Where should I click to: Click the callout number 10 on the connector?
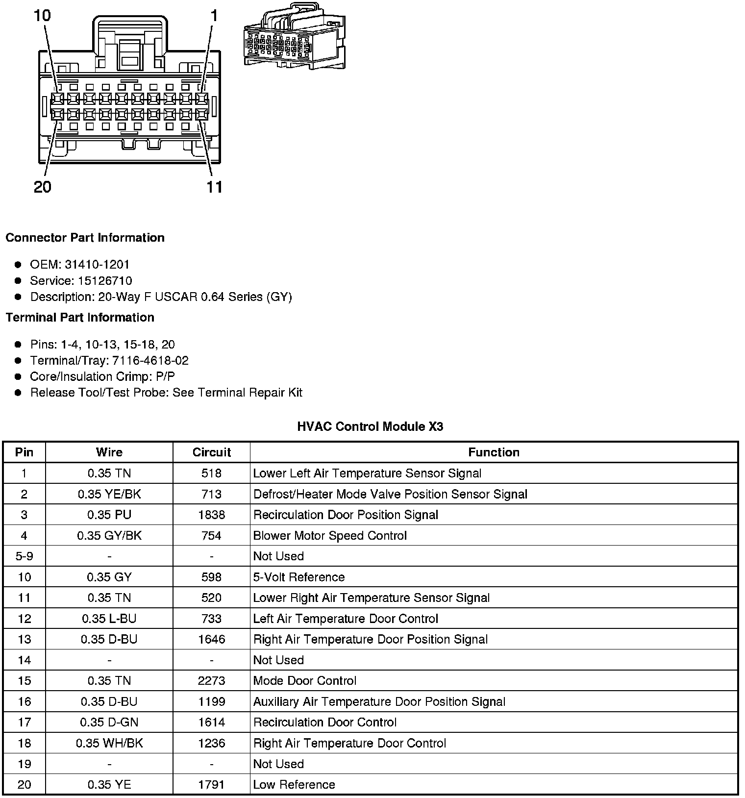42,16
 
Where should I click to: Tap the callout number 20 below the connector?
43,187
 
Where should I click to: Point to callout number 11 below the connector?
214,187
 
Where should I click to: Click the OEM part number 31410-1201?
97,265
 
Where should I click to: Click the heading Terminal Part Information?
80,318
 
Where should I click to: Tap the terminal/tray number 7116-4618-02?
150,361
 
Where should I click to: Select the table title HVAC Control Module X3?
370,426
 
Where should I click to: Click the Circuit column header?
211,452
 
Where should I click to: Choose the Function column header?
494,452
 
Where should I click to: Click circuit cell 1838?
211,515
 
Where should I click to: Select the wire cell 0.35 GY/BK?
109,536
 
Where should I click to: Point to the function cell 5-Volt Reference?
299,577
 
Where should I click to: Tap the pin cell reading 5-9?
24,556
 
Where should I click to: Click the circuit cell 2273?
211,681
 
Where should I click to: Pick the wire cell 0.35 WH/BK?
109,743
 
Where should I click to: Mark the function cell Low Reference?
294,785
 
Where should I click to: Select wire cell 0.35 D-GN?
109,723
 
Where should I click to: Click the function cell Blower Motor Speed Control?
330,536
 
